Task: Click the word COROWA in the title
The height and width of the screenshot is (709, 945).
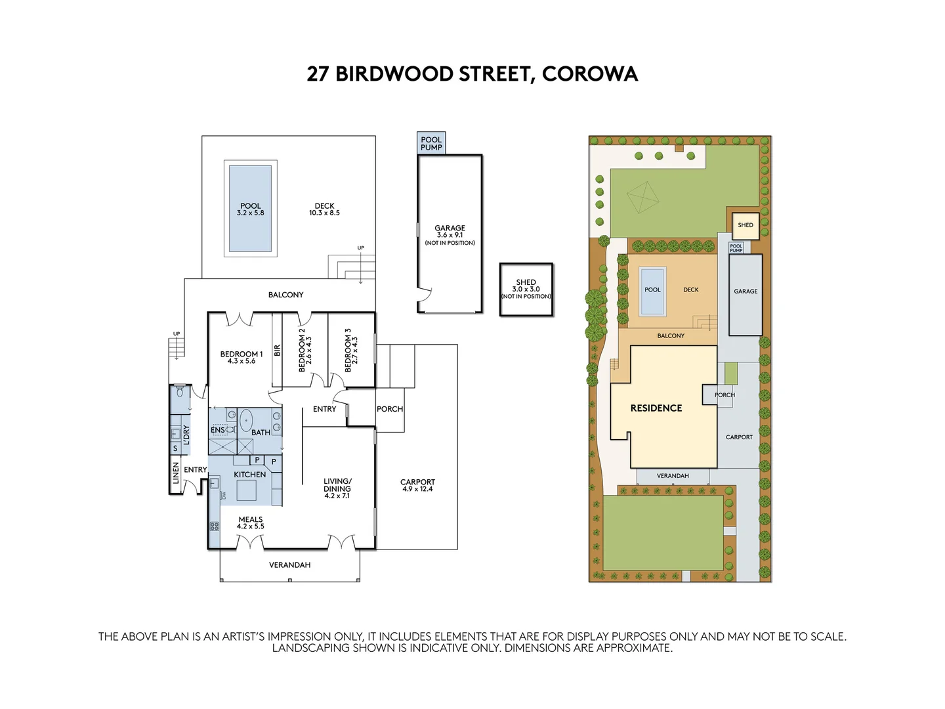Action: [589, 74]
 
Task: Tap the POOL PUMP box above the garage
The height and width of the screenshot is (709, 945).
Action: [431, 143]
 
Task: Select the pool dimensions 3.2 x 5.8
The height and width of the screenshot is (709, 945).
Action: [250, 213]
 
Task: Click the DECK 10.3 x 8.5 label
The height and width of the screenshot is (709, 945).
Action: [324, 209]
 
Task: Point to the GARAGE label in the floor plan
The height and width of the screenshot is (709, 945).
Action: [450, 228]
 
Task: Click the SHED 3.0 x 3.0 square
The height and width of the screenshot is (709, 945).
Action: [526, 290]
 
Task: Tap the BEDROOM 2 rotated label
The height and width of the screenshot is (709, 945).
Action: [304, 351]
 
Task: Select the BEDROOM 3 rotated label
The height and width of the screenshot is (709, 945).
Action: [350, 351]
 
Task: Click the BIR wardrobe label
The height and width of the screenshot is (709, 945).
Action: [277, 351]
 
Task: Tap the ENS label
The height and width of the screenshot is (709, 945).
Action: [217, 430]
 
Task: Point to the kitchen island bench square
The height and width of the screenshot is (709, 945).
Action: [246, 490]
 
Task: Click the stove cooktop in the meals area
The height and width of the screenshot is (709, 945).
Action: [215, 526]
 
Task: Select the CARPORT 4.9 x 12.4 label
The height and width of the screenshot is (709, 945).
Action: [417, 485]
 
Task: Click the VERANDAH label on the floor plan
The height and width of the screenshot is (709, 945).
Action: [289, 565]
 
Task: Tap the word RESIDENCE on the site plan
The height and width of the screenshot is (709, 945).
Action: [656, 408]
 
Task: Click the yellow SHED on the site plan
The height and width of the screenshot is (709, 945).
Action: [745, 225]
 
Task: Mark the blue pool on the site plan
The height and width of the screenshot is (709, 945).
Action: [652, 291]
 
